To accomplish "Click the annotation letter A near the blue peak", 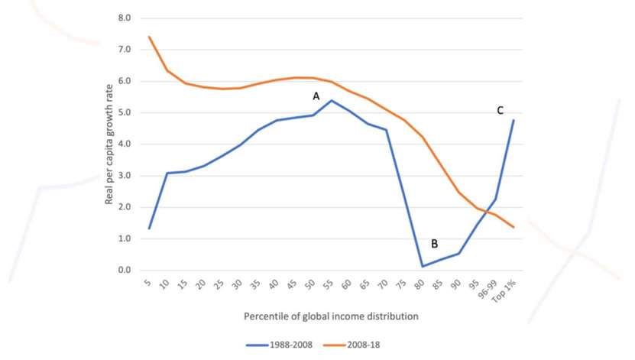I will point(315,96).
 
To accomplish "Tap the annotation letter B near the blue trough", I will point(434,244).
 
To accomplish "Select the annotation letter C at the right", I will point(500,110).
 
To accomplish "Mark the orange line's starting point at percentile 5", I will point(149,37).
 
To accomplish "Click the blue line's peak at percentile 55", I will point(331,100).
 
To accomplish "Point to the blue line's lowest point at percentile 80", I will point(422,266).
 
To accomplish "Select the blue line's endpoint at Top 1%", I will point(512,120).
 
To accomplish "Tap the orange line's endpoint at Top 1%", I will point(512,227).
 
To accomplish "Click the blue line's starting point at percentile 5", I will point(149,228).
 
